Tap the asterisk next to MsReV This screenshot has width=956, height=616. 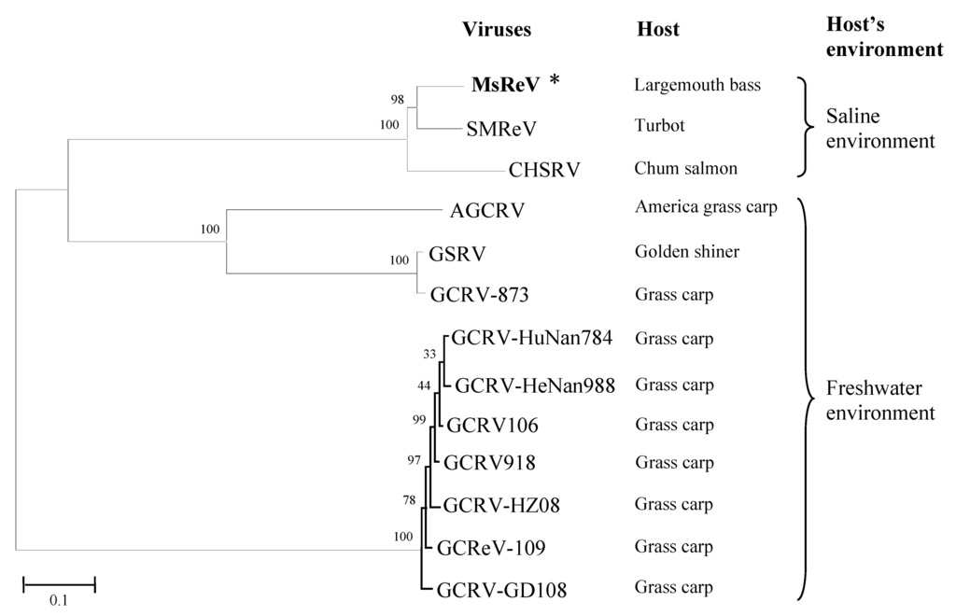pyautogui.click(x=555, y=82)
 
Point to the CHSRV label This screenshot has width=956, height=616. pyautogui.click(x=544, y=170)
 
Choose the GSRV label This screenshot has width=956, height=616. pyautogui.click(x=457, y=254)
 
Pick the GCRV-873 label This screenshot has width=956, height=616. pyautogui.click(x=480, y=296)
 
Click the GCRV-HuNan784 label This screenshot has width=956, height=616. pyautogui.click(x=532, y=338)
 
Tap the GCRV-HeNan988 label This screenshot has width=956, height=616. pyautogui.click(x=536, y=384)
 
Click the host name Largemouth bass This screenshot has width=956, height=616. pyautogui.click(x=696, y=86)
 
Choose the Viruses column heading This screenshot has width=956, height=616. pyautogui.click(x=497, y=30)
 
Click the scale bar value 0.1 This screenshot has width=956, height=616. pyautogui.click(x=59, y=600)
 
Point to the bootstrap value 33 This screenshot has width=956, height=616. pyautogui.click(x=429, y=354)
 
